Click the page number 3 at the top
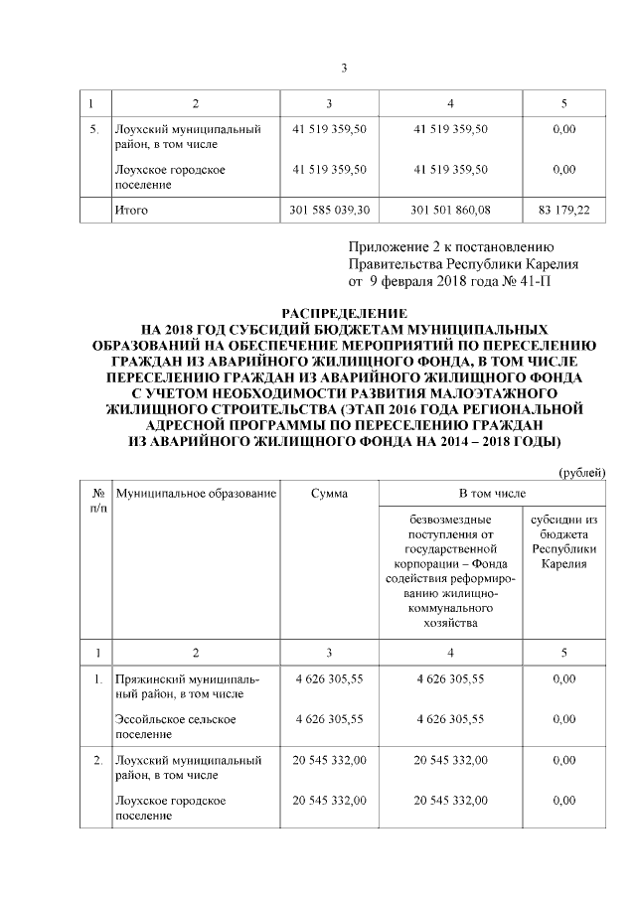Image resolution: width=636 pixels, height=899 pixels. [344, 69]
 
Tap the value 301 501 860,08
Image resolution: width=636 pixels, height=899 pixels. [451, 211]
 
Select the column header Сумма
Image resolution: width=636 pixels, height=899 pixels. [329, 493]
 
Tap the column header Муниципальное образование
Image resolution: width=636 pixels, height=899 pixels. [195, 493]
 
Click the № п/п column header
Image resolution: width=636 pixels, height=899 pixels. [98, 500]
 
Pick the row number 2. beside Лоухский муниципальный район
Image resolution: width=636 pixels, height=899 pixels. [97, 760]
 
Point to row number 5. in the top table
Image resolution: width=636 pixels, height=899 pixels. [93, 129]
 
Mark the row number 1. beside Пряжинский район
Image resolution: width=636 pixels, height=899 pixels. [97, 678]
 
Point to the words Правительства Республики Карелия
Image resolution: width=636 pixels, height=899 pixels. [463, 264]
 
